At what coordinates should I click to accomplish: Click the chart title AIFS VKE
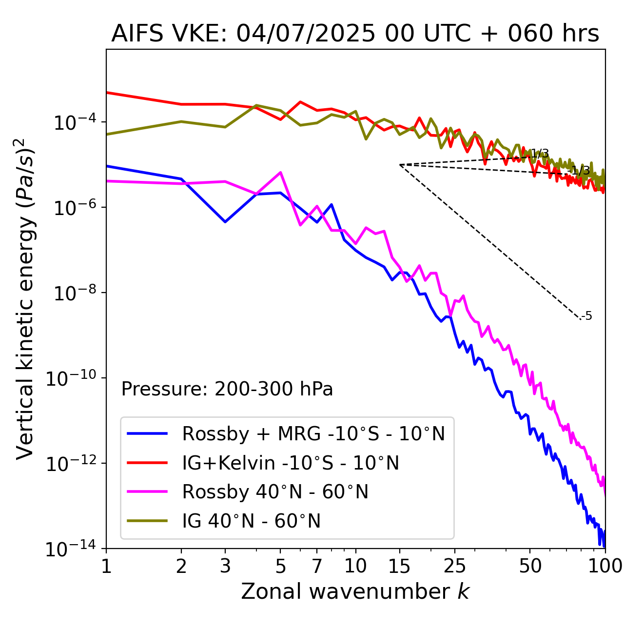355,34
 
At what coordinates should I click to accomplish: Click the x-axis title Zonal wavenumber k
355,591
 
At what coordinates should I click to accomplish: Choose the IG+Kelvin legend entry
291,463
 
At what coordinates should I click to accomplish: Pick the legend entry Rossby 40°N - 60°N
275,492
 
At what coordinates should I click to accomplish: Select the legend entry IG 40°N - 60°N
251,521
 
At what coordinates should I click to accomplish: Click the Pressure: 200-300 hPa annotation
227,389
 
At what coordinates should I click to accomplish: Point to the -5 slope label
587,316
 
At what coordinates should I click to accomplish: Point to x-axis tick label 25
454,566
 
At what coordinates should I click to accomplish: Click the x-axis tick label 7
317,566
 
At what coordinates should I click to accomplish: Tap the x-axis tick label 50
530,566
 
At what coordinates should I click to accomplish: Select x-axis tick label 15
399,566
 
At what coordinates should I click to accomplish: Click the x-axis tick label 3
225,566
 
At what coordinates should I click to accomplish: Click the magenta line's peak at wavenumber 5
280,172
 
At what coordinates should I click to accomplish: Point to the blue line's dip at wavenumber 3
225,222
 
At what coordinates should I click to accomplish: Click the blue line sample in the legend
147,433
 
